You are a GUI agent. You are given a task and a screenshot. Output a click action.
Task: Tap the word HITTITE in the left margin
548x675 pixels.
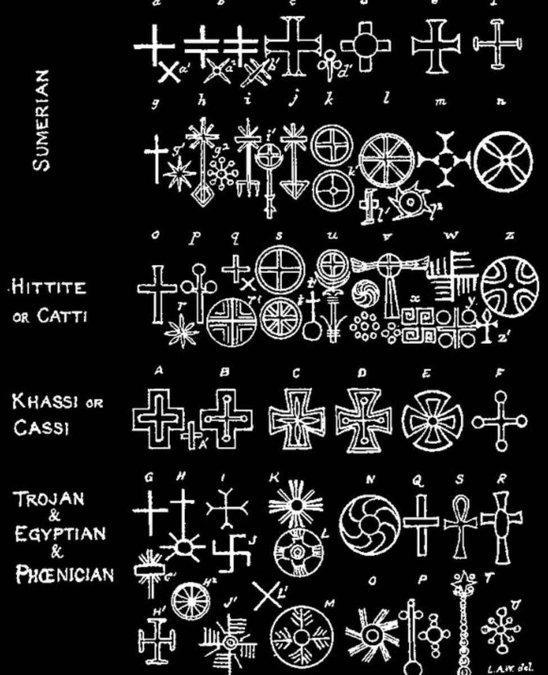coord(49,288)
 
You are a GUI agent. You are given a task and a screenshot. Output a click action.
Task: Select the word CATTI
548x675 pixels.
coord(62,315)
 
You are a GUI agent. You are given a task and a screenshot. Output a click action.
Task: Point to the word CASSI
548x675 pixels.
coord(41,428)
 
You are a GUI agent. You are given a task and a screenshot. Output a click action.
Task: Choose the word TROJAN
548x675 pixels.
coord(50,499)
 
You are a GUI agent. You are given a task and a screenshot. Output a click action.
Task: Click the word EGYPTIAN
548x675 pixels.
coord(60,533)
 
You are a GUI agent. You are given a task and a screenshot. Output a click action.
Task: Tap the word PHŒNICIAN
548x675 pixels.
coord(65,574)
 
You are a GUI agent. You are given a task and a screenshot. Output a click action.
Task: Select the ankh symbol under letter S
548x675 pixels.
coord(460,525)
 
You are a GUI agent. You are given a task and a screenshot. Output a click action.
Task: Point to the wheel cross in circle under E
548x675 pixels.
coord(432,421)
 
